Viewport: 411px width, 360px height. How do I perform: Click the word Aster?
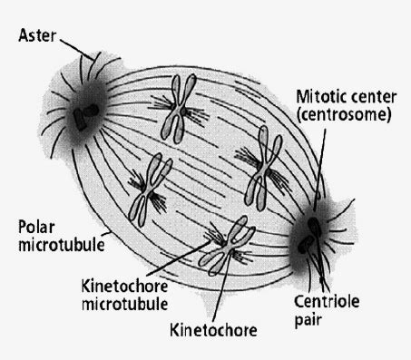(x=34, y=37)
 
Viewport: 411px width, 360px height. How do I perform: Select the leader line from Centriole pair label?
(x=318, y=277)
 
